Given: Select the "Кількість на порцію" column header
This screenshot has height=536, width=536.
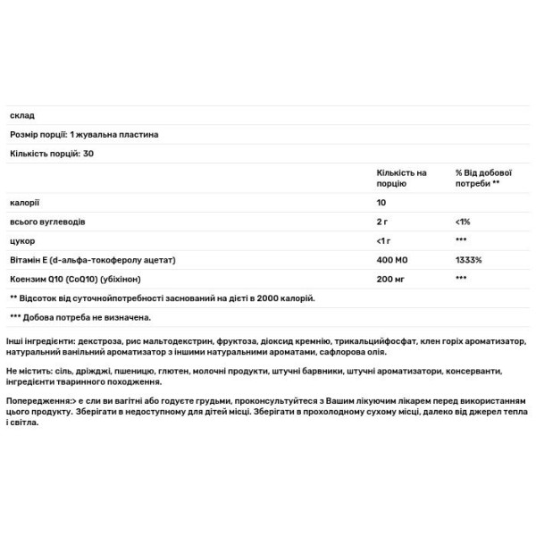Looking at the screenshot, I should click(x=402, y=177).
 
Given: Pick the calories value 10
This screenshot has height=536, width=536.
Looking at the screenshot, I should click(x=382, y=202).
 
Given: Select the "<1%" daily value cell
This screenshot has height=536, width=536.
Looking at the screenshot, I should click(x=462, y=221).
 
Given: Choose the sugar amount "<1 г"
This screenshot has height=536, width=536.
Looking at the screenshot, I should click(x=385, y=240).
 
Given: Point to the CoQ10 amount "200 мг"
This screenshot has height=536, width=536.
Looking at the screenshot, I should click(x=389, y=279).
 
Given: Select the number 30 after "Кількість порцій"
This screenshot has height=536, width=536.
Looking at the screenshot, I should click(x=88, y=154).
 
